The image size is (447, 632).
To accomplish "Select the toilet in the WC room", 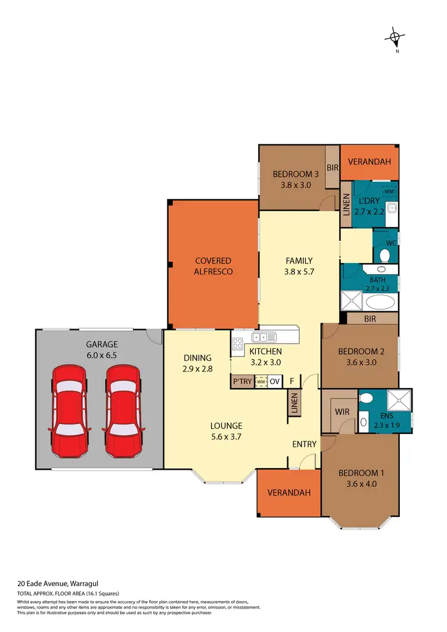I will click(x=385, y=255).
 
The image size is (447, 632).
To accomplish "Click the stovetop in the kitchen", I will click(x=237, y=343).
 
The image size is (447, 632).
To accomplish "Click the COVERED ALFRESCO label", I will click(x=213, y=266).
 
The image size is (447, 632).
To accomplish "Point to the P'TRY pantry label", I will click(x=242, y=382).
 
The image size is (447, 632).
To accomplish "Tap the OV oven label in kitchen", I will click(x=275, y=382).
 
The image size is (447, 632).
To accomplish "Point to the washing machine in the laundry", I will click(x=389, y=191).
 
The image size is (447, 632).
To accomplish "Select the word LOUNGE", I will click(x=226, y=426).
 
